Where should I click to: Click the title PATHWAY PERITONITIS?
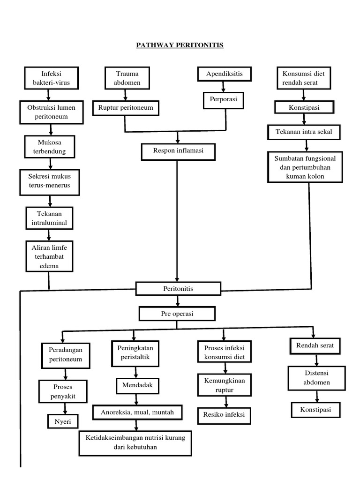click(180, 45)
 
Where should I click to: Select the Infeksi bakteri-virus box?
click(52, 78)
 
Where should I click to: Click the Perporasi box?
click(224, 100)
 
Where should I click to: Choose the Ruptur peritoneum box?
click(126, 108)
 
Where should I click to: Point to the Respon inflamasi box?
click(178, 151)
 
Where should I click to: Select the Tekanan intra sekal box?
click(303, 132)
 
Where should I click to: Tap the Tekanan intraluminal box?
click(49, 218)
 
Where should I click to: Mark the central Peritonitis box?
click(178, 289)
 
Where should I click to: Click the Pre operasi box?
click(177, 314)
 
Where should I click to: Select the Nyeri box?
click(63, 421)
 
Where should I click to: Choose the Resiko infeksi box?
click(224, 414)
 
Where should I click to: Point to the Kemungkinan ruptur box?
click(224, 384)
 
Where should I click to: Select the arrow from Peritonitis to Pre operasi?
click(178, 301)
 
